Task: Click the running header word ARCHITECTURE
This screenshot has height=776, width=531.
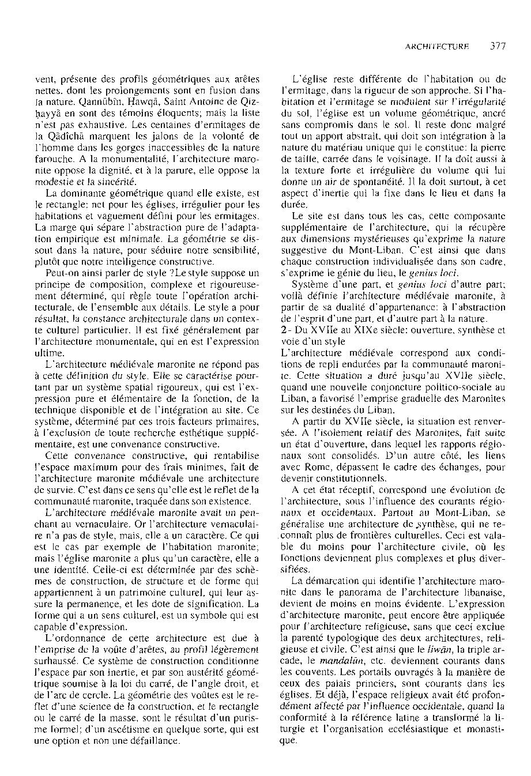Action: point(437,47)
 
